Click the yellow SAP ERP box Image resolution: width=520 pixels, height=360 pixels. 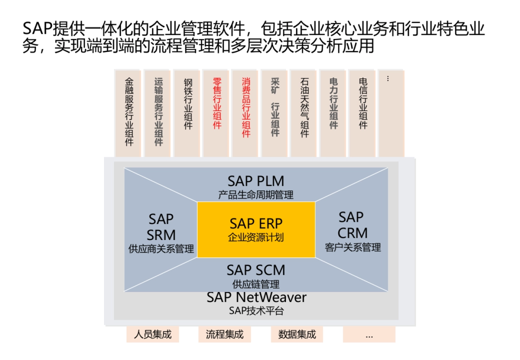(256, 230)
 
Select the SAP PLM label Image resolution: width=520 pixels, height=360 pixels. (256, 181)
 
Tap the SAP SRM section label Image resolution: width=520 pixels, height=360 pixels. (161, 227)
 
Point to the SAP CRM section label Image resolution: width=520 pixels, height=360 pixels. (352, 225)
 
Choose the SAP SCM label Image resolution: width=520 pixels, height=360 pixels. (256, 270)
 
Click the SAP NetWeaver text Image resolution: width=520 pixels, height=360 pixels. (256, 298)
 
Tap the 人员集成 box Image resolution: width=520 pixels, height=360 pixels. (153, 334)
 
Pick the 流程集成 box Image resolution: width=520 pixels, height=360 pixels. (224, 334)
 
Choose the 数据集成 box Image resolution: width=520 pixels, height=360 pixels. (297, 334)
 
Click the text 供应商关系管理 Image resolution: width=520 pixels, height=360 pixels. (161, 250)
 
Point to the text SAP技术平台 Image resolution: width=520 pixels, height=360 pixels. (256, 311)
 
